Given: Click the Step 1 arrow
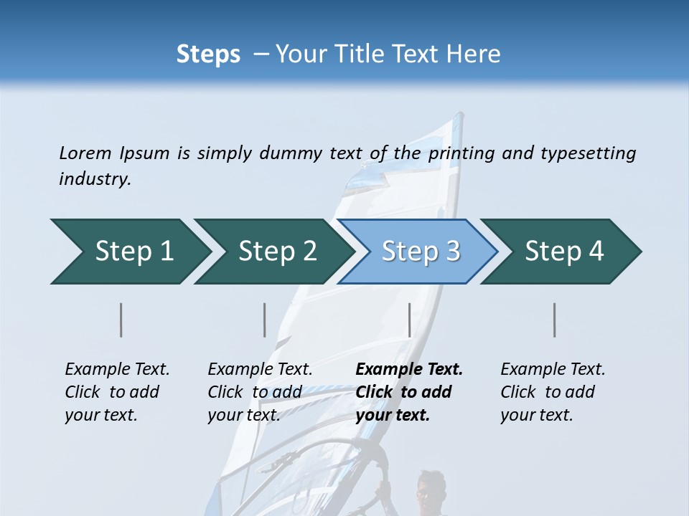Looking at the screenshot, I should [129, 252].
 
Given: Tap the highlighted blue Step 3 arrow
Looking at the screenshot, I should [420, 252].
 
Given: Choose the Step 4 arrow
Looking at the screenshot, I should [563, 252].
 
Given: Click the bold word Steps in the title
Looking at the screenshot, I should [208, 54].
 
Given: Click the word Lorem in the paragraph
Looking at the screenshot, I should [85, 153].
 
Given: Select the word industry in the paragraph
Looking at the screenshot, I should [94, 179].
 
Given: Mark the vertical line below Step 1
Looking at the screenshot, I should [121, 320].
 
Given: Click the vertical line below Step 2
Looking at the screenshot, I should [265, 320].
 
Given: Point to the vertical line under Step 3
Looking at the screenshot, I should [409, 320].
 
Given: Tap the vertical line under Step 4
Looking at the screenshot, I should [554, 320].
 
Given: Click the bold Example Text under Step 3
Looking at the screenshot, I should [409, 370].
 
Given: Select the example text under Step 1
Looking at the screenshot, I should [117, 392].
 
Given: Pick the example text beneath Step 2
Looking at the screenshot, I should [260, 392].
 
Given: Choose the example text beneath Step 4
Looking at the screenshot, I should [553, 392].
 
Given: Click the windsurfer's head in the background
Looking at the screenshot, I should [428, 487].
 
